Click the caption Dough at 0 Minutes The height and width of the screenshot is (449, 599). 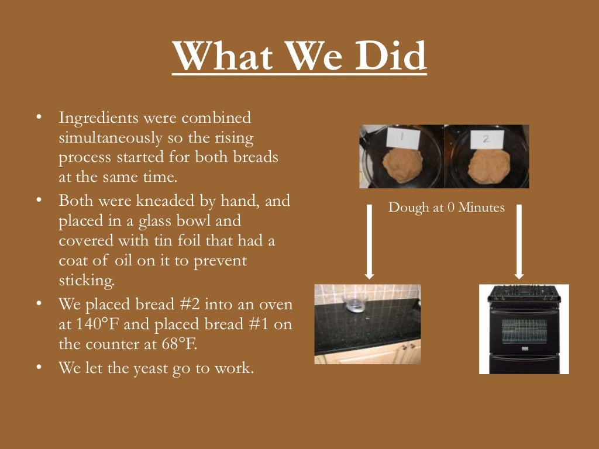(x=446, y=208)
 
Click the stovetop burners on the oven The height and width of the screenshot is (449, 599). (x=524, y=290)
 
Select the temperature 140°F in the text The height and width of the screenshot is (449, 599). (x=89, y=324)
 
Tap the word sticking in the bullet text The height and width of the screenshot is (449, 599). (x=87, y=279)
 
